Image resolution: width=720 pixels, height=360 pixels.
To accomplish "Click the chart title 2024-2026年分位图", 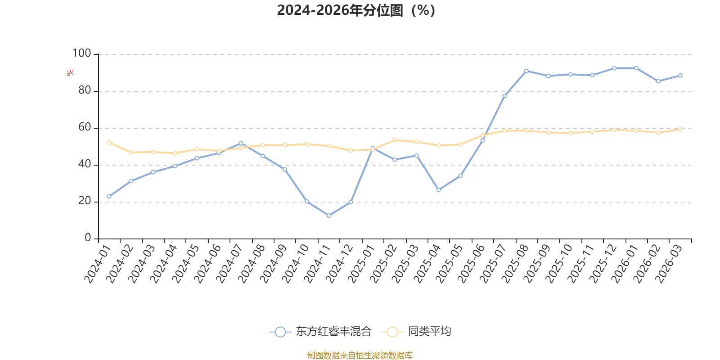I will pyautogui.click(x=356, y=10).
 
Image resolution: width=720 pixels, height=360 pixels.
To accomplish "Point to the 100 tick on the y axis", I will pyautogui.click(x=81, y=54).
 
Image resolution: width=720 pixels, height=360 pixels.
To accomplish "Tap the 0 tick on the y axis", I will pyautogui.click(x=88, y=238).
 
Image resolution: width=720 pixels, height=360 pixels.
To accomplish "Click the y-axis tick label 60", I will pyautogui.click(x=85, y=127).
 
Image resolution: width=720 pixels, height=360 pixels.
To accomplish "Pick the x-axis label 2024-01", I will pyautogui.click(x=98, y=264).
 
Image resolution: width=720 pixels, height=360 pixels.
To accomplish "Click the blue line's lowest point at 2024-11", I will pyautogui.click(x=329, y=216).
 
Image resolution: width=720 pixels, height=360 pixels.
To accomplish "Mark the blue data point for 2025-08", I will pyautogui.click(x=526, y=71).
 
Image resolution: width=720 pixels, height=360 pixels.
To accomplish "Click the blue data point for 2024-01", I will pyautogui.click(x=109, y=197).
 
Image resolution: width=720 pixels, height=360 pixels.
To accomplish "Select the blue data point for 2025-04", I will pyautogui.click(x=439, y=190).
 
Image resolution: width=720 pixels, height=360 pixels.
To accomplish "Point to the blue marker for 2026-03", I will pyautogui.click(x=680, y=76).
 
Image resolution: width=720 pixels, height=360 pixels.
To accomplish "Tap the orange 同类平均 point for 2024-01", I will pyautogui.click(x=109, y=142).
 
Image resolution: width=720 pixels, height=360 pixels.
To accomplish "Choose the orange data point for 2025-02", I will pyautogui.click(x=395, y=140).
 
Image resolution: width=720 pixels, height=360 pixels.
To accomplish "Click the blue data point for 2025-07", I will pyautogui.click(x=504, y=96).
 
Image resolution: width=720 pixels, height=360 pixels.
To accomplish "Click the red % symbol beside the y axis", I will pyautogui.click(x=70, y=73).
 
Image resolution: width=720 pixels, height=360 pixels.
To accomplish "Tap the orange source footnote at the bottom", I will pyautogui.click(x=360, y=355).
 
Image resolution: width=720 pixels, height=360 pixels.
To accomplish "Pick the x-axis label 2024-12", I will pyautogui.click(x=339, y=264).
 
